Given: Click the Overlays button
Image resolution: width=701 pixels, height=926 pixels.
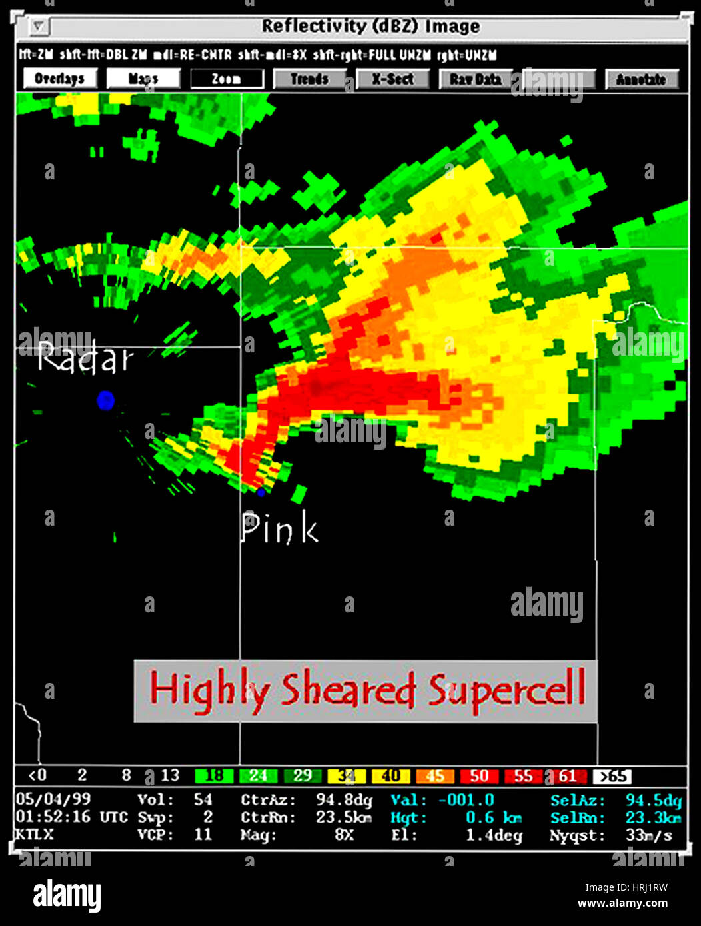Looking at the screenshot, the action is (60, 79).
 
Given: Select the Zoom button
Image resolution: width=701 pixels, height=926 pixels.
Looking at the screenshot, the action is (227, 79).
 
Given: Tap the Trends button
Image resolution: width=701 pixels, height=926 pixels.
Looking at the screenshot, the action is (310, 79).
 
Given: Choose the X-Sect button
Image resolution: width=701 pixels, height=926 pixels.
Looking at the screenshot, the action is (393, 79).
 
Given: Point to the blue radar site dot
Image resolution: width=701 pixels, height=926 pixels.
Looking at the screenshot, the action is (105, 400).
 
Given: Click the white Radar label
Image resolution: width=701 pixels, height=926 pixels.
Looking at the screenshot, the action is (85, 358).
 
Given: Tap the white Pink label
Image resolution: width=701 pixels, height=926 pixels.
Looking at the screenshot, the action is (279, 528).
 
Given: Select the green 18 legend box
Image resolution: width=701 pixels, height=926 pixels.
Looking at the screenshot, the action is (214, 776).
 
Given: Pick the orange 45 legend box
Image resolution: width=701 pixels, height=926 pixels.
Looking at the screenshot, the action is (435, 776).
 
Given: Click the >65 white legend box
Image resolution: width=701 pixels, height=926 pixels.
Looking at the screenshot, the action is (612, 776).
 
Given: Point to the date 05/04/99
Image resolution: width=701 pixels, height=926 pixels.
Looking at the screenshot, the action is (53, 799).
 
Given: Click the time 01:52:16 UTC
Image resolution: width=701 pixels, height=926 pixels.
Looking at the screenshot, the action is (61, 817).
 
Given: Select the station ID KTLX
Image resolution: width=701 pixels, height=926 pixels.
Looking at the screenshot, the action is (35, 834).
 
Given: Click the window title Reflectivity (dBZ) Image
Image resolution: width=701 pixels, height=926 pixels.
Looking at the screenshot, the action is (370, 27).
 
